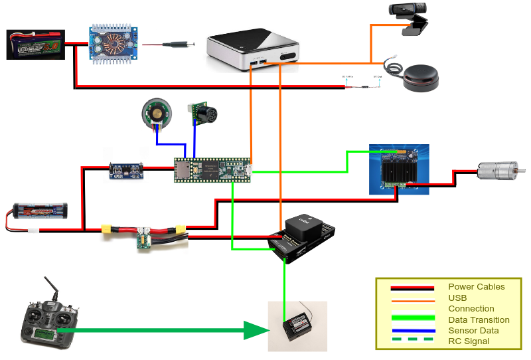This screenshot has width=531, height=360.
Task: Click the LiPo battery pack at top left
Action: point(35,45)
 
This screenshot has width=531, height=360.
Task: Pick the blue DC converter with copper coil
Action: point(112,45)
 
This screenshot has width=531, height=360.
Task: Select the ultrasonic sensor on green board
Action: point(200,114)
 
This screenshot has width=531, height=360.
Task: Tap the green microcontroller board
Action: point(212,169)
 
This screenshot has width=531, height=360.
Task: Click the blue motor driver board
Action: point(399,169)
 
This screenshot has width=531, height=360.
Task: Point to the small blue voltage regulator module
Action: point(127,171)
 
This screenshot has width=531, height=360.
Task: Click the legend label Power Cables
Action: point(476,287)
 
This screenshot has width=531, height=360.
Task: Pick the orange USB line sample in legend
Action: point(405,298)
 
